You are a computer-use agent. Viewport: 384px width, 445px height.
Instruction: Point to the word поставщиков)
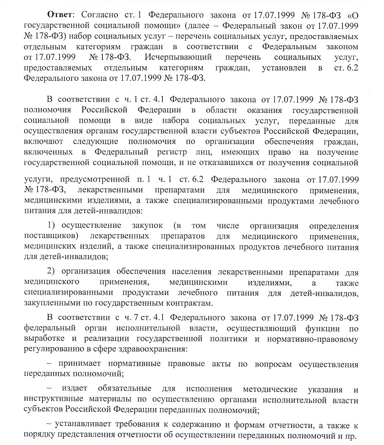(51, 237)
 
